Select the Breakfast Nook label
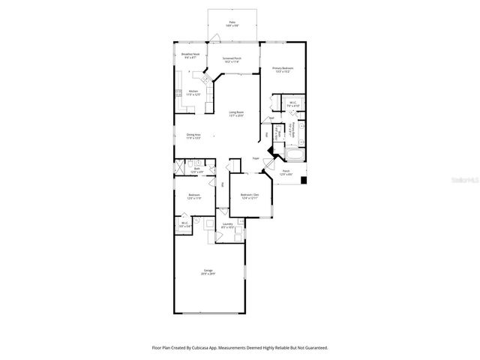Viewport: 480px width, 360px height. pyautogui.click(x=190, y=55)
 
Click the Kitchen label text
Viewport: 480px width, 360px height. pyautogui.click(x=193, y=92)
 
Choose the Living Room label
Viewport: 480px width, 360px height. pyautogui.click(x=236, y=113)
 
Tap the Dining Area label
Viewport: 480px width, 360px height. pyautogui.click(x=193, y=136)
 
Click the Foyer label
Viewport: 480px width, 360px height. pyautogui.click(x=256, y=159)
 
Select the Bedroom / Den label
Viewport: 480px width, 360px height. pyautogui.click(x=250, y=196)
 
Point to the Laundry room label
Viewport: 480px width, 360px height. pyautogui.click(x=228, y=226)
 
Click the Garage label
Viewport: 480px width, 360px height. pyautogui.click(x=208, y=272)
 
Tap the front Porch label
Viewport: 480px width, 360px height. pyautogui.click(x=286, y=172)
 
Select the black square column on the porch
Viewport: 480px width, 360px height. pyautogui.click(x=303, y=180)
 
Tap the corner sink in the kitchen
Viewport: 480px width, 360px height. pyautogui.click(x=202, y=77)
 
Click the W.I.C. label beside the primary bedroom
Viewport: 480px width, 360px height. pyautogui.click(x=292, y=105)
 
